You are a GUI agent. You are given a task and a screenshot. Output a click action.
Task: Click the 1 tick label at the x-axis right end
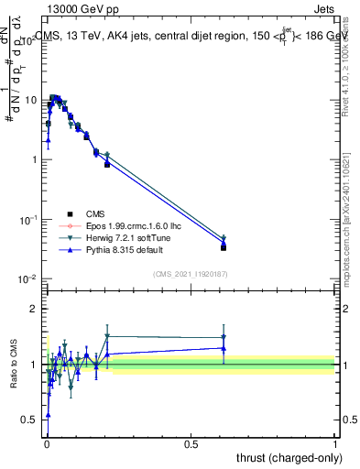pos(335,443)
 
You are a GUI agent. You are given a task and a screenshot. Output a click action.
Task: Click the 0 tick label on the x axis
pos(46,443)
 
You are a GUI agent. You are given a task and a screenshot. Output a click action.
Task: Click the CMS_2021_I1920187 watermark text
pos(191,273)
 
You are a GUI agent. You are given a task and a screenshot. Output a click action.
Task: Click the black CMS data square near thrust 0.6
pos(224,247)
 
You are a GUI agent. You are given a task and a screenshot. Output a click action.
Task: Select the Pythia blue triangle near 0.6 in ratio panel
pos(224,348)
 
